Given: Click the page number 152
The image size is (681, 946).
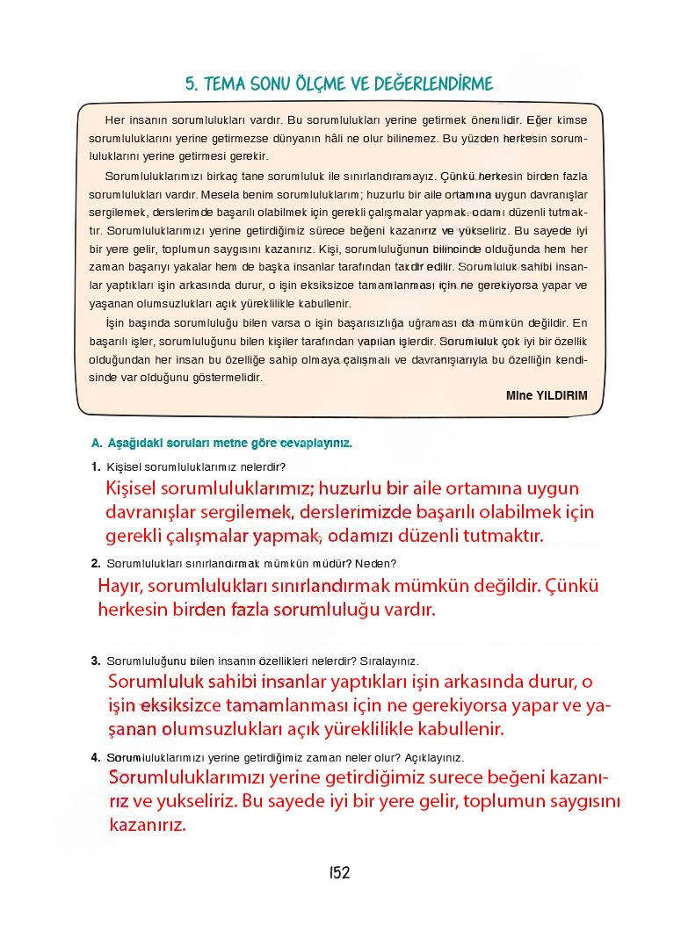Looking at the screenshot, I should pos(340,872).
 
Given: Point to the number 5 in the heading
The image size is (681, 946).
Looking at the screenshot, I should pos(190,84).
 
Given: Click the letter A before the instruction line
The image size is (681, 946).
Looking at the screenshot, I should pos(95,444).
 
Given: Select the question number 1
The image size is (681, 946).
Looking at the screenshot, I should pos(94,467).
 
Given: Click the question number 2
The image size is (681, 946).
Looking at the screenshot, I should pos(94,564).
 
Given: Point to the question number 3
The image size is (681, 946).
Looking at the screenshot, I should pos(94,661).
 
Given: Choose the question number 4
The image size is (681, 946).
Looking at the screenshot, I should pos(94,757).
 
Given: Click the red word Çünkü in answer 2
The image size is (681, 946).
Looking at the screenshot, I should pos(573,586).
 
